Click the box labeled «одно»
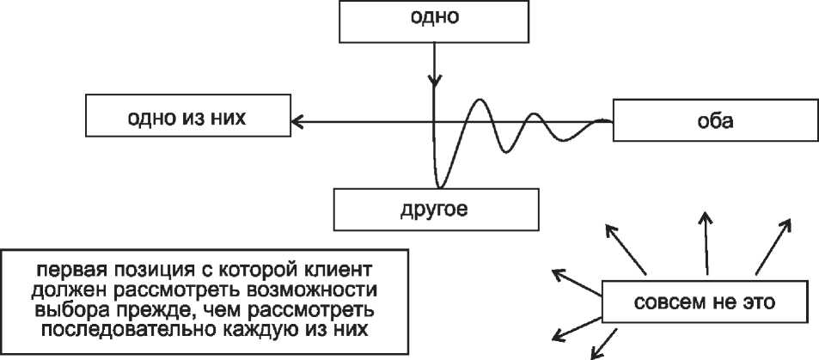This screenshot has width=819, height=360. [437, 21]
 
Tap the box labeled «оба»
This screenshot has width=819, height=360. [714, 120]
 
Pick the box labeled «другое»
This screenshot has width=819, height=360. [437, 209]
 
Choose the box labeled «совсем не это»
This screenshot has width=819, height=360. [704, 302]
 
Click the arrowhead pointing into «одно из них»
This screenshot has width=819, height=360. [296, 121]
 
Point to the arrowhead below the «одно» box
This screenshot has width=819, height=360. [435, 82]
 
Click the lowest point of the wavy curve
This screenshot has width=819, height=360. [440, 186]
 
